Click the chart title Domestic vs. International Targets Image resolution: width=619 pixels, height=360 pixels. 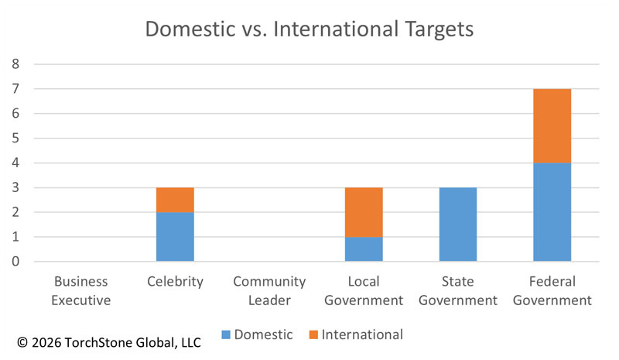(309, 31)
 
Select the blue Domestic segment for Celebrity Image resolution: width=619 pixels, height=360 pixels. (175, 236)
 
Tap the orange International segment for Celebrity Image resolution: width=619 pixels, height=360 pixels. (175, 200)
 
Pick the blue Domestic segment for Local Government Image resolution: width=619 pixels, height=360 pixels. (364, 249)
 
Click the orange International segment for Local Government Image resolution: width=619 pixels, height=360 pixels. (364, 212)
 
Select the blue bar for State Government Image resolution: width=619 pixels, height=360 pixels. (458, 225)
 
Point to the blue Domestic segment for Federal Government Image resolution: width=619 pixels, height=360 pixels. (552, 212)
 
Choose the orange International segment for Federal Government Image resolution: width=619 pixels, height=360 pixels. (552, 125)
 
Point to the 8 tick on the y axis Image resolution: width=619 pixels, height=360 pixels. (15, 64)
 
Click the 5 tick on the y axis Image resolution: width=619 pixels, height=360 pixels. (15, 138)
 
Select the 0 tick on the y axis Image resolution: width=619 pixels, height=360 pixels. (15, 262)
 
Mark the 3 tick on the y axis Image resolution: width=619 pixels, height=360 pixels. (15, 187)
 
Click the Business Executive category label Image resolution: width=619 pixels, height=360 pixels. (80, 290)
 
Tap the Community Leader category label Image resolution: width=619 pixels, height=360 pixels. (269, 290)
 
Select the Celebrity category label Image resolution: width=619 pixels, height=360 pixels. (175, 282)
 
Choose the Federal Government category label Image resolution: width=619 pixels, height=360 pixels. (552, 290)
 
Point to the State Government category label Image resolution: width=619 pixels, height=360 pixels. (458, 290)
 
